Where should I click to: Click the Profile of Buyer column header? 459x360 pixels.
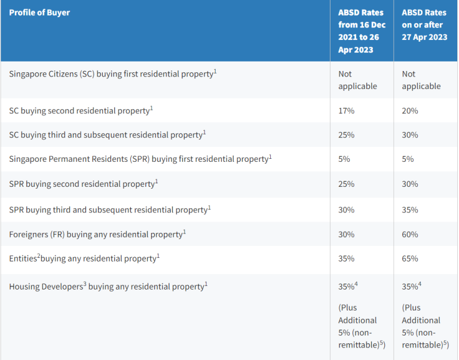point(39,13)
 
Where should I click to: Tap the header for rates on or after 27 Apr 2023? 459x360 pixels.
point(424,24)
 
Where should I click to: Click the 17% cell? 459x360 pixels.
point(346,111)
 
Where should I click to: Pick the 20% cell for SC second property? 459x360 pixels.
point(410,111)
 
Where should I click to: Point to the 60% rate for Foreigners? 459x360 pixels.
point(410,235)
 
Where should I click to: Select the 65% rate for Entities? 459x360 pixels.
point(410,259)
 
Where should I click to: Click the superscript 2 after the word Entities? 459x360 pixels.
point(38,256)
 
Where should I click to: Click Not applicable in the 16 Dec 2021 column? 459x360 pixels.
point(357,80)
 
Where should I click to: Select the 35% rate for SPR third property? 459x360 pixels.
point(410,210)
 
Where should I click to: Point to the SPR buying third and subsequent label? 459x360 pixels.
point(110,210)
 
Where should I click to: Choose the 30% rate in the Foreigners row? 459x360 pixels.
point(346,235)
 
